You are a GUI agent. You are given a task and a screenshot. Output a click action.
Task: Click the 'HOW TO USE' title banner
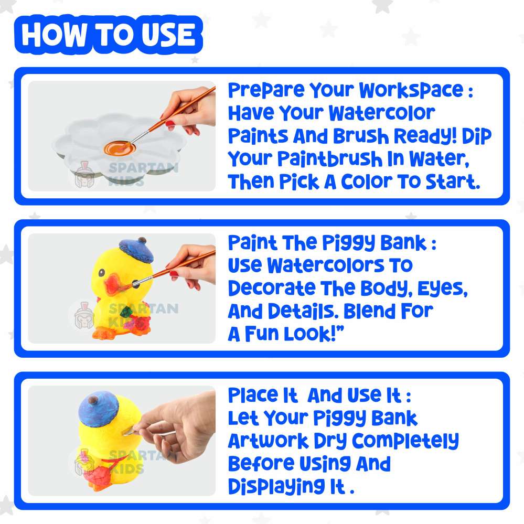[108, 35]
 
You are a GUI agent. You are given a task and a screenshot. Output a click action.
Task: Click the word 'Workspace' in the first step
[411, 91]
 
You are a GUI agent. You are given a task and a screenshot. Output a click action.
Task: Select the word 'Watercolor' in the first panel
[382, 113]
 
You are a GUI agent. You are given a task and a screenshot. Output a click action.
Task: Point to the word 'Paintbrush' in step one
[330, 158]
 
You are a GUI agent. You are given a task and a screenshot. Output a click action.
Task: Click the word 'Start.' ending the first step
[453, 181]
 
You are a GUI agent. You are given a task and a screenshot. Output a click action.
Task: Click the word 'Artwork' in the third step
[269, 441]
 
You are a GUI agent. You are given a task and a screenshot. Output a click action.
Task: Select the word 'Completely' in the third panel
[405, 441]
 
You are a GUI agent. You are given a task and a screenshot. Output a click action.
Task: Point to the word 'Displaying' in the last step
[276, 487]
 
